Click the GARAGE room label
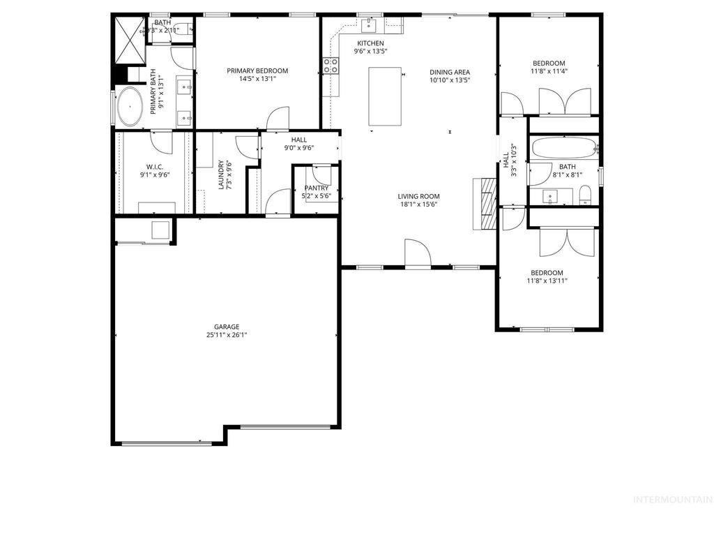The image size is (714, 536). pyautogui.click(x=227, y=326)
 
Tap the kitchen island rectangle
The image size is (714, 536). pyautogui.click(x=384, y=96)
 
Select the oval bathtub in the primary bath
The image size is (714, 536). pyautogui.click(x=130, y=107)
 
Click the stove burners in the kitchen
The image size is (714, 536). pyautogui.click(x=331, y=66)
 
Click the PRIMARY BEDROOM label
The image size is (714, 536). pyautogui.click(x=257, y=70)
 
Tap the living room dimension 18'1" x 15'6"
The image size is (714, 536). pyautogui.click(x=418, y=205)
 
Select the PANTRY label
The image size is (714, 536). pyautogui.click(x=316, y=188)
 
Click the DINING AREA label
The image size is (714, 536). pyautogui.click(x=449, y=72)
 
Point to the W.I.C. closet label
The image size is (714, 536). pyautogui.click(x=155, y=167)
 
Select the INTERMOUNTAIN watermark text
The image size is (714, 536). pyautogui.click(x=671, y=500)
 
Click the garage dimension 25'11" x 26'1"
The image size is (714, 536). pyautogui.click(x=227, y=335)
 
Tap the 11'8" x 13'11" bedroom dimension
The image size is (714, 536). pyautogui.click(x=547, y=281)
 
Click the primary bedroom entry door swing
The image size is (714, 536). pyautogui.click(x=278, y=119)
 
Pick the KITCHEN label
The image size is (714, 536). pyautogui.click(x=370, y=43)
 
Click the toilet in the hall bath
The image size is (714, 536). pyautogui.click(x=585, y=195)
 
